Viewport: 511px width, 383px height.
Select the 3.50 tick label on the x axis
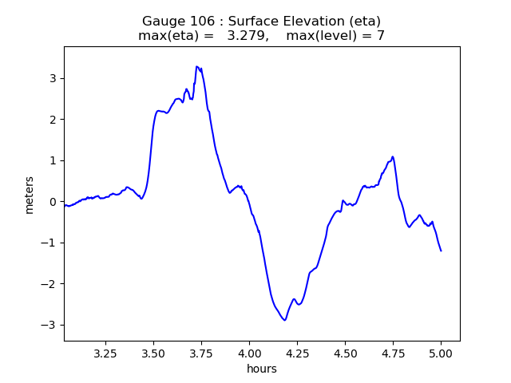click(153, 353)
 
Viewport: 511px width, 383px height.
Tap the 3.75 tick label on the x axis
click(201, 353)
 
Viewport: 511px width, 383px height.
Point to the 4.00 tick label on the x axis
click(249, 353)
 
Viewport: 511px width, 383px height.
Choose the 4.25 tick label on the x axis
click(297, 353)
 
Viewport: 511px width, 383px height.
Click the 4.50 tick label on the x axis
click(345, 353)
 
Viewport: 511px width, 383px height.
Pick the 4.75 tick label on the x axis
click(393, 353)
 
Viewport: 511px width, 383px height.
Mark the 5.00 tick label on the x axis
click(441, 353)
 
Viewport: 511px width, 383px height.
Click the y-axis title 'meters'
click(30, 194)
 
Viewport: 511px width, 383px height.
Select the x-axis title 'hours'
click(262, 369)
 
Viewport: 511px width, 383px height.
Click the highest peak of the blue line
click(196, 67)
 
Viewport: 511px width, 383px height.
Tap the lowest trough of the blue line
click(284, 320)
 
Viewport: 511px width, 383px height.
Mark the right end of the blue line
click(441, 251)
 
